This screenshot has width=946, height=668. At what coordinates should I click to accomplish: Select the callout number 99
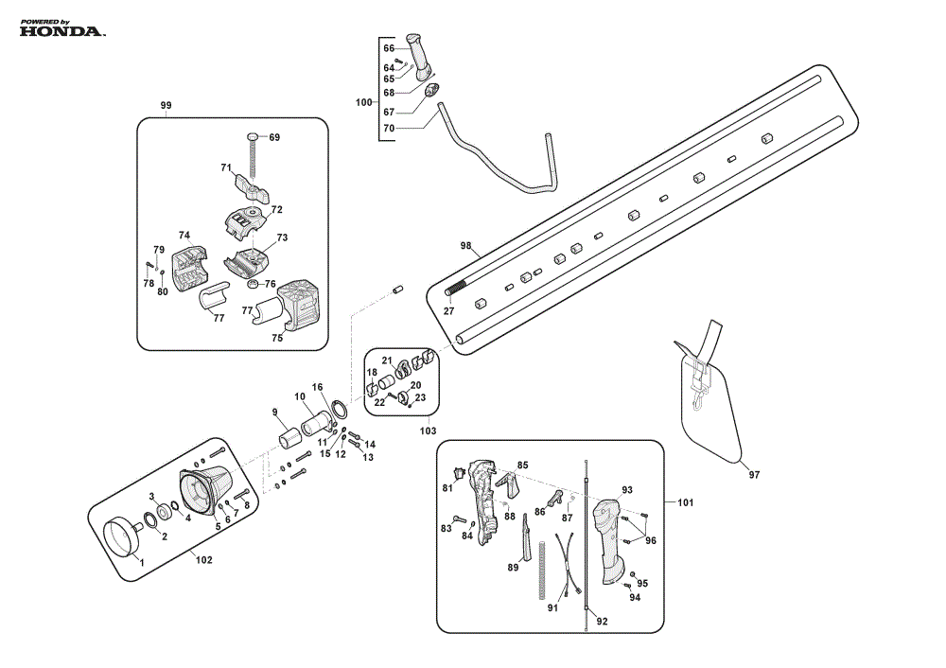[166, 106]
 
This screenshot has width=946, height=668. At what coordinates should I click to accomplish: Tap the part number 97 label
[754, 475]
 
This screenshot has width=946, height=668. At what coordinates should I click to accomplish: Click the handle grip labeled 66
[419, 56]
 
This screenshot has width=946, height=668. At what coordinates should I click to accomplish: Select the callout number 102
[204, 560]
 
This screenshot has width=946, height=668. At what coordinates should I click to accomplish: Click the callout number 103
[428, 431]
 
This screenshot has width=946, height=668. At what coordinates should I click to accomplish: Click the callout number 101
[685, 502]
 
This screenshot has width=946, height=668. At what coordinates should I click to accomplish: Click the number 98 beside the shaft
[465, 246]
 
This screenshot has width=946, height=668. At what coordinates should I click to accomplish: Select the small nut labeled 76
[254, 284]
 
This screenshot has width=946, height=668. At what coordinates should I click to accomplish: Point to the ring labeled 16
[340, 409]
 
